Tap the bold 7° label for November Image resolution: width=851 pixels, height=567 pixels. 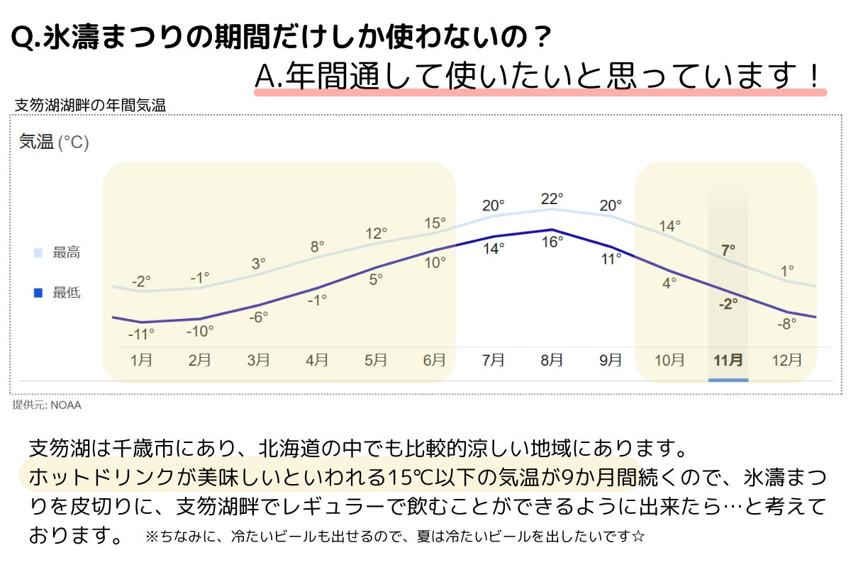click(728, 249)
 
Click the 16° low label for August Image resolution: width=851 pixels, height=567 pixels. click(552, 242)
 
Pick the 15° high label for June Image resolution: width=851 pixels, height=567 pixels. click(435, 223)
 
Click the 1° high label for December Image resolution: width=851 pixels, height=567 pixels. click(787, 270)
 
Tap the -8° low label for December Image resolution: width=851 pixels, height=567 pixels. click(786, 322)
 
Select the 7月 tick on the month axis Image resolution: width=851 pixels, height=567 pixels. click(493, 360)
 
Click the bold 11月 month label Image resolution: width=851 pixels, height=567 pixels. click(728, 360)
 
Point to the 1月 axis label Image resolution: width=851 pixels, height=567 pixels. click(141, 360)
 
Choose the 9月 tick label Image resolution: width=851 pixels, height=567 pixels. click(611, 360)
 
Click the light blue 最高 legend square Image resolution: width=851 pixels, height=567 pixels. click(38, 252)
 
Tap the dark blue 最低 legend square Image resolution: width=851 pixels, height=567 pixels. click(38, 292)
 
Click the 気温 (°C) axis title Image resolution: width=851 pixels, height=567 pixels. click(54, 142)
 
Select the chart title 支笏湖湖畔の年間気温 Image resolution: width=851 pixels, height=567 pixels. click(90, 106)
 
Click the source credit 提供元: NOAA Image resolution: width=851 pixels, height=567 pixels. click(47, 405)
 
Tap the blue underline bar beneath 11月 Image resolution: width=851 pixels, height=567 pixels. click(728, 380)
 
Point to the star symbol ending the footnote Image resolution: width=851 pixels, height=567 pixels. click(638, 536)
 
